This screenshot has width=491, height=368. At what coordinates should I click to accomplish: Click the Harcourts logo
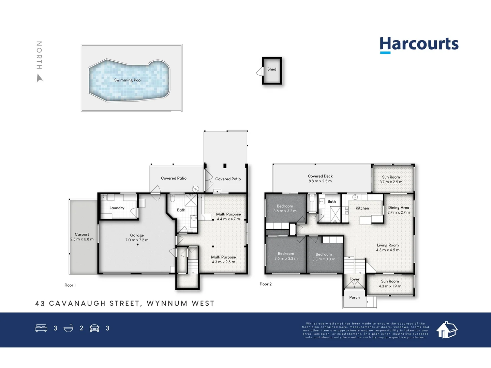pos(419,45)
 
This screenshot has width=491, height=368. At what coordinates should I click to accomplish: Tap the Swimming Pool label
pos(128,80)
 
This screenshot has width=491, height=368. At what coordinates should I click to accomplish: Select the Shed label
pos(272,69)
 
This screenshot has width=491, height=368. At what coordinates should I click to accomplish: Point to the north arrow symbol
pos(40,79)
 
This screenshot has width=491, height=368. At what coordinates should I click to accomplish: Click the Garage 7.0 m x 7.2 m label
pos(137,237)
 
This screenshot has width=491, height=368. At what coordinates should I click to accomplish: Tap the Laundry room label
pos(117,208)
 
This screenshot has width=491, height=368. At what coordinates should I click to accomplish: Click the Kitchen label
pos(362,208)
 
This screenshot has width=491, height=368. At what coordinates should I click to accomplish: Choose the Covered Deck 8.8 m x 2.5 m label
pos(320,179)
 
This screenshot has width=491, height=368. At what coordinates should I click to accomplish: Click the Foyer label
pos(354,279)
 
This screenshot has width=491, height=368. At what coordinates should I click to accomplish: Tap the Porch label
pos(354,297)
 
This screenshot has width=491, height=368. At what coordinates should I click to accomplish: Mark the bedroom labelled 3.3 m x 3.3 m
pos(324,257)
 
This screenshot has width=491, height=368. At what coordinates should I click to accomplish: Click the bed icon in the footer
pos(41,328)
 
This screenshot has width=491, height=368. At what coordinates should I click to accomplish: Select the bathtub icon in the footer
pos(69,328)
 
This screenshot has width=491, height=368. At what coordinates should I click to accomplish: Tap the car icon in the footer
pos(94,328)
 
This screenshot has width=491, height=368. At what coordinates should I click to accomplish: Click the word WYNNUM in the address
pos(167,303)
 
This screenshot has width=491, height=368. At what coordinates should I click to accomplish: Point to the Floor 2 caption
pos(266,284)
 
